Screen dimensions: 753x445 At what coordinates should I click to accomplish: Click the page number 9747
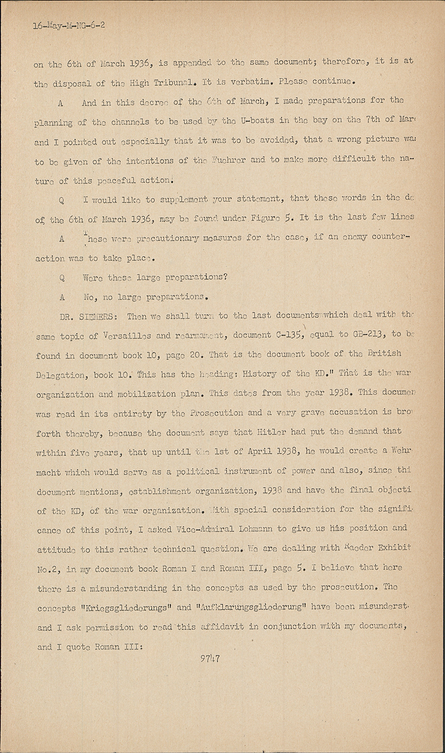pos(209,659)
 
